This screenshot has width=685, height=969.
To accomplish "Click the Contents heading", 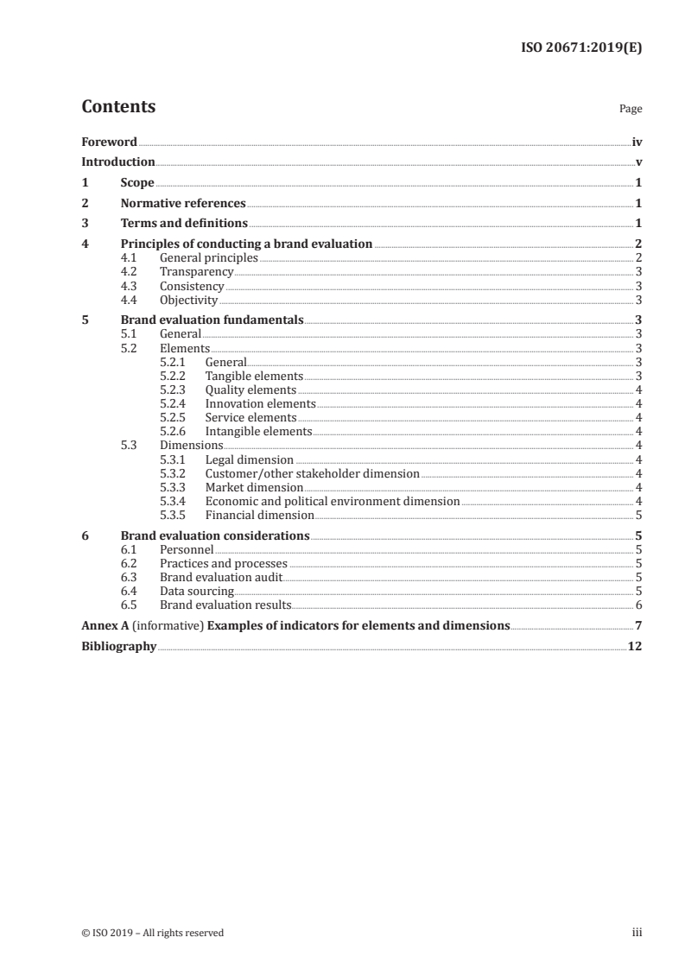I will point(118,108).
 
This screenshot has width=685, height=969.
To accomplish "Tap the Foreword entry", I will point(109,142).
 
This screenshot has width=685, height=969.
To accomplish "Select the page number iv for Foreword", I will point(637,142).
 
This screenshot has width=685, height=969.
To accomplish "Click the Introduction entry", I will point(118,162).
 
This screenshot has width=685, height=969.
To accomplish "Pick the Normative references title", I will point(183,204).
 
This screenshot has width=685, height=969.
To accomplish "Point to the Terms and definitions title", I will point(184,225).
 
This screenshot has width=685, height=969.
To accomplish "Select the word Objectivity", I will point(188,301).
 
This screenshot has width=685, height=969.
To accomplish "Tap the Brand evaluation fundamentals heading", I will point(212,320).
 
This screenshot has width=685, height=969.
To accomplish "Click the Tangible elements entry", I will point(254,376).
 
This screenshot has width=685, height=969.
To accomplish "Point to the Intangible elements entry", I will point(258,431).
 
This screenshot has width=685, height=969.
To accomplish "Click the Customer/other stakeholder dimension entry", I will point(312,473).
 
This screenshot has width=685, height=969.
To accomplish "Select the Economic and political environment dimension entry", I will point(333,501).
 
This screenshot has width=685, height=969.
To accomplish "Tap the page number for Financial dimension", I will point(638,515).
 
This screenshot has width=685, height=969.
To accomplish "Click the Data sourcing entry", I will point(197,591).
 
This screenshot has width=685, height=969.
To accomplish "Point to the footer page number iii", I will point(637,933).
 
